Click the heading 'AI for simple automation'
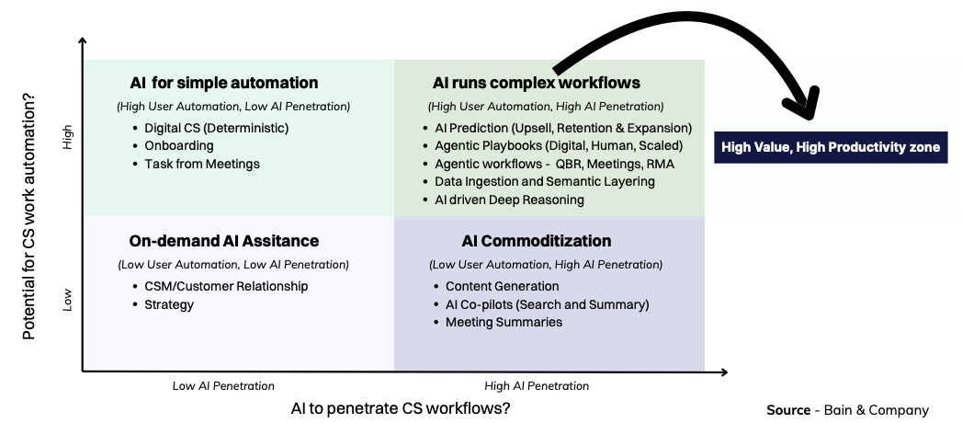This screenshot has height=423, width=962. (224, 83)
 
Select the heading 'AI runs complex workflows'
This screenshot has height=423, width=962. (537, 83)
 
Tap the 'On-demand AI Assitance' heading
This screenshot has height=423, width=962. (224, 241)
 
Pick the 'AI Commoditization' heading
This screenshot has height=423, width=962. (537, 241)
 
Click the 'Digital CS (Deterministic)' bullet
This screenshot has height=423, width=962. (217, 128)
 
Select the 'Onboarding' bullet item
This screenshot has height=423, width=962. (179, 145)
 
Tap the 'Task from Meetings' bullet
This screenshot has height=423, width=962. (202, 164)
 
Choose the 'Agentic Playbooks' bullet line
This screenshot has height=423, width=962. (559, 145)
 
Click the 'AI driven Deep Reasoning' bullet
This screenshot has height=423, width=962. (509, 200)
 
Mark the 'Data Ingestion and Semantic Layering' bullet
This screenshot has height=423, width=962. (544, 181)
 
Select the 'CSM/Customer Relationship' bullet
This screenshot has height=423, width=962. (226, 286)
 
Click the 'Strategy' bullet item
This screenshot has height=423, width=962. (169, 304)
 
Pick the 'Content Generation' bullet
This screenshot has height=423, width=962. (502, 286)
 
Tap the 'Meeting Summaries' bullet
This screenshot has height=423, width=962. (504, 322)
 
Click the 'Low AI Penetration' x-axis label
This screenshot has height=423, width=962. (223, 386)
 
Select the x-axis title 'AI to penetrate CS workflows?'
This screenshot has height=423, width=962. (401, 407)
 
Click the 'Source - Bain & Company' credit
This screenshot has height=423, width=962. (847, 410)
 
